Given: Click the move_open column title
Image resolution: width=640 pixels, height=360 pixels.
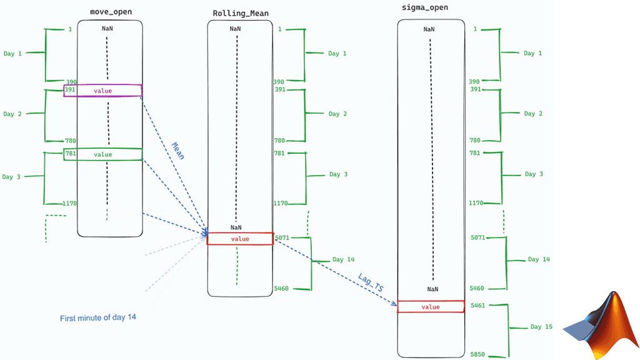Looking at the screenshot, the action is [x=111, y=12].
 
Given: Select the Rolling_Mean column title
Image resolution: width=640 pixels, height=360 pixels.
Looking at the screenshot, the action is [x=241, y=14].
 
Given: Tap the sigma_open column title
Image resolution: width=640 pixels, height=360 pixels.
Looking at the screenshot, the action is [x=424, y=7].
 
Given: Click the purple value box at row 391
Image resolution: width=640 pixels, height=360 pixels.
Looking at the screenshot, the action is [x=103, y=91].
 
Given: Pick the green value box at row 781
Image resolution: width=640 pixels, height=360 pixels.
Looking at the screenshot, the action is [x=103, y=154].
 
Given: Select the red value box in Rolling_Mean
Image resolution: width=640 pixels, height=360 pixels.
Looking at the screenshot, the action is [x=240, y=239].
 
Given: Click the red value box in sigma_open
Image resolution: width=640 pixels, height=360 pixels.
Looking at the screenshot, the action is [x=431, y=307].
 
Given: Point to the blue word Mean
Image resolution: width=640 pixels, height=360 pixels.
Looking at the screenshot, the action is [x=178, y=151].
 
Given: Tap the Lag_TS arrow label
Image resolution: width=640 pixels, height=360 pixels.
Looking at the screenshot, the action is [x=371, y=282].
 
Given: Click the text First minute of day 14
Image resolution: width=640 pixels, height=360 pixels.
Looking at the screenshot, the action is [x=98, y=317].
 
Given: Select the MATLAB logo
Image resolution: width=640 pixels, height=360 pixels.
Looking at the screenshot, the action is [x=601, y=325].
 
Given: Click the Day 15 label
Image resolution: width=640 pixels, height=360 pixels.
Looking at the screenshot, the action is [x=541, y=326].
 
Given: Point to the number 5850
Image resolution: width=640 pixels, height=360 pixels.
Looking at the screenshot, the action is [x=477, y=354].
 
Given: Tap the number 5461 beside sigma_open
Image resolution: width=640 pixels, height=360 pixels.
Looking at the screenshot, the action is [x=477, y=305].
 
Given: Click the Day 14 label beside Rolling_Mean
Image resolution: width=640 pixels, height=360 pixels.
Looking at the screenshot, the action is [x=343, y=259].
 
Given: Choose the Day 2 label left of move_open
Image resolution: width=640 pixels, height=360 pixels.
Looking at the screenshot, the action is [x=12, y=114].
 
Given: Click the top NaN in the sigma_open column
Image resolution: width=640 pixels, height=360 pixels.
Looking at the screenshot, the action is [x=429, y=29].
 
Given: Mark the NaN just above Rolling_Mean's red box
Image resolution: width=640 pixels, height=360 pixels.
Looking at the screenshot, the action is [x=236, y=227].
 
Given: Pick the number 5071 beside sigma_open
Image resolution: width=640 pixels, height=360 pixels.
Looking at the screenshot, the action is [x=478, y=237].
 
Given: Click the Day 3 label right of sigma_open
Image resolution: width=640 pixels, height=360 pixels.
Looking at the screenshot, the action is [x=534, y=174].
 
